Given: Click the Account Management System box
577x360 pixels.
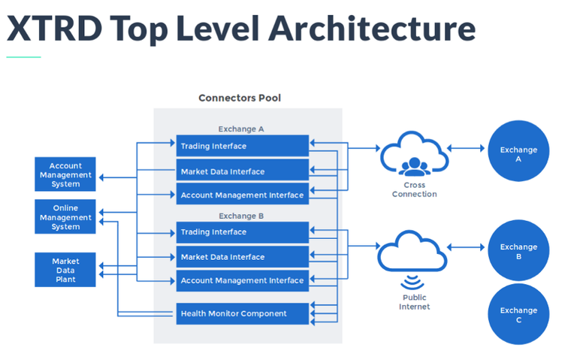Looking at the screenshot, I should pyautogui.click(x=65, y=175).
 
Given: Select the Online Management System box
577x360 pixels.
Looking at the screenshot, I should pyautogui.click(x=65, y=217).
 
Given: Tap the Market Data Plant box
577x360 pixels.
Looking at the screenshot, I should pyautogui.click(x=65, y=270).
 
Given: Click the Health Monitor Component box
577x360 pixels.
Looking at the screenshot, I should pyautogui.click(x=242, y=313).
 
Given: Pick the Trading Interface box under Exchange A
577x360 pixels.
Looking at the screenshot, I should pyautogui.click(x=242, y=146).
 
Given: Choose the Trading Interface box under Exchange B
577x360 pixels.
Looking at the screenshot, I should pyautogui.click(x=242, y=232).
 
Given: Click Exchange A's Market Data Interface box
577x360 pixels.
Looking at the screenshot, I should pyautogui.click(x=242, y=171).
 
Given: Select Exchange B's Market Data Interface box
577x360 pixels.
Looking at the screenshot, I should pyautogui.click(x=242, y=257).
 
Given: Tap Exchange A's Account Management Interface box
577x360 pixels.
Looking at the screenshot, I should pyautogui.click(x=242, y=195).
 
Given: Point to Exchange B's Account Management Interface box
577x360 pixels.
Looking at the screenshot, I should pyautogui.click(x=242, y=280).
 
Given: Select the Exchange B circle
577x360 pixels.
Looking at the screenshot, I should pyautogui.click(x=518, y=251).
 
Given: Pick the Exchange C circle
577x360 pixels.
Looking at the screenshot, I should pyautogui.click(x=518, y=314).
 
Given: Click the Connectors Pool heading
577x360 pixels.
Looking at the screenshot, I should pyautogui.click(x=240, y=98).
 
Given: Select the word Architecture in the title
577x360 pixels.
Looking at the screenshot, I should pyautogui.click(x=371, y=28).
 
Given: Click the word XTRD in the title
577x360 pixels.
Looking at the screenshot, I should pyautogui.click(x=53, y=28).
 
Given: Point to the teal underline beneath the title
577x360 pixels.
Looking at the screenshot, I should pyautogui.click(x=23, y=56).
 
